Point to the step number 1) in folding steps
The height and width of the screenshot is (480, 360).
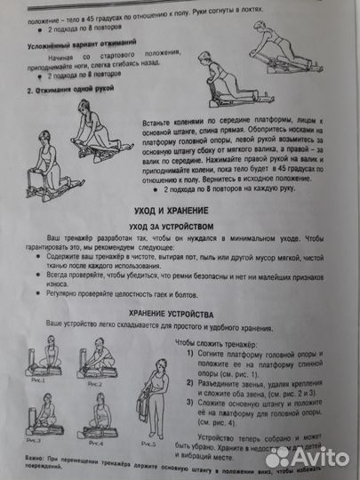tap(194, 354)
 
